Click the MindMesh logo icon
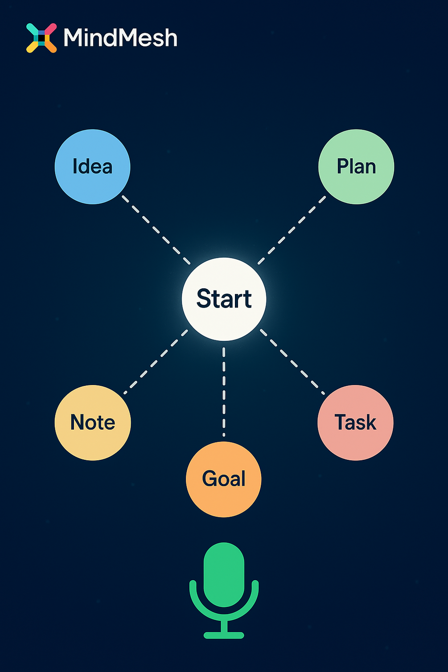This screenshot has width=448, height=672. tap(41, 38)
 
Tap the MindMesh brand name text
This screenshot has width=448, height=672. tap(120, 38)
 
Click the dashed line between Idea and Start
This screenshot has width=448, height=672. tap(156, 230)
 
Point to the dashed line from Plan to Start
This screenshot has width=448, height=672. tap(292, 230)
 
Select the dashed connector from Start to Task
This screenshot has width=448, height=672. tap(292, 362)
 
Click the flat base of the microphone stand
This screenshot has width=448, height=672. tap(224, 635)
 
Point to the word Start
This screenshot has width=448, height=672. tap(224, 299)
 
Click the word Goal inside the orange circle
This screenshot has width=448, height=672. tap(224, 479)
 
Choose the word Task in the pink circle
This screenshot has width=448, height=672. tap(355, 422)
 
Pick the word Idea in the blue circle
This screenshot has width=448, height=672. tap(92, 167)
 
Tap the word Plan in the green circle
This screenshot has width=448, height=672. tap(356, 167)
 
